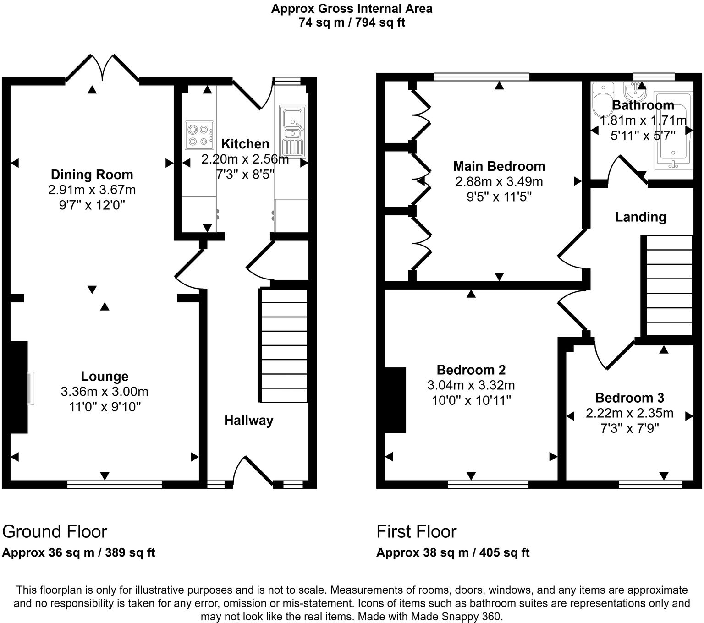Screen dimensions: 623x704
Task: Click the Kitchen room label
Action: [245, 144]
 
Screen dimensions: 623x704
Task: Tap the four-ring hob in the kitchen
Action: [199, 135]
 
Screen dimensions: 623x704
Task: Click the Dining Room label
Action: [92, 175]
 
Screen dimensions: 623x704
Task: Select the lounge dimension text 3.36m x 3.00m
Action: [104, 392]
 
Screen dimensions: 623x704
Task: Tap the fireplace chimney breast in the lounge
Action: [18, 387]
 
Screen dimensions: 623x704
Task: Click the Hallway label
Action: [248, 421]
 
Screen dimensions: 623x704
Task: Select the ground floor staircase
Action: [284, 345]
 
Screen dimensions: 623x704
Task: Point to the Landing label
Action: [640, 217]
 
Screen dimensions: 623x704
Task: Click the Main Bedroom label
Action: [499, 166]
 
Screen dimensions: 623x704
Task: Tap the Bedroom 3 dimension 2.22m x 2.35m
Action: [629, 413]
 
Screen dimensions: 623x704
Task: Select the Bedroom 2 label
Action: [471, 370]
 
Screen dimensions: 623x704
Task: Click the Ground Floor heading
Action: [55, 531]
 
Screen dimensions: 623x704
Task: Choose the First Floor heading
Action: [416, 531]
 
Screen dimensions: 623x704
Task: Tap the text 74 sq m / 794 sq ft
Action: [352, 22]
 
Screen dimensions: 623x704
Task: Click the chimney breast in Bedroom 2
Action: [396, 400]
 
